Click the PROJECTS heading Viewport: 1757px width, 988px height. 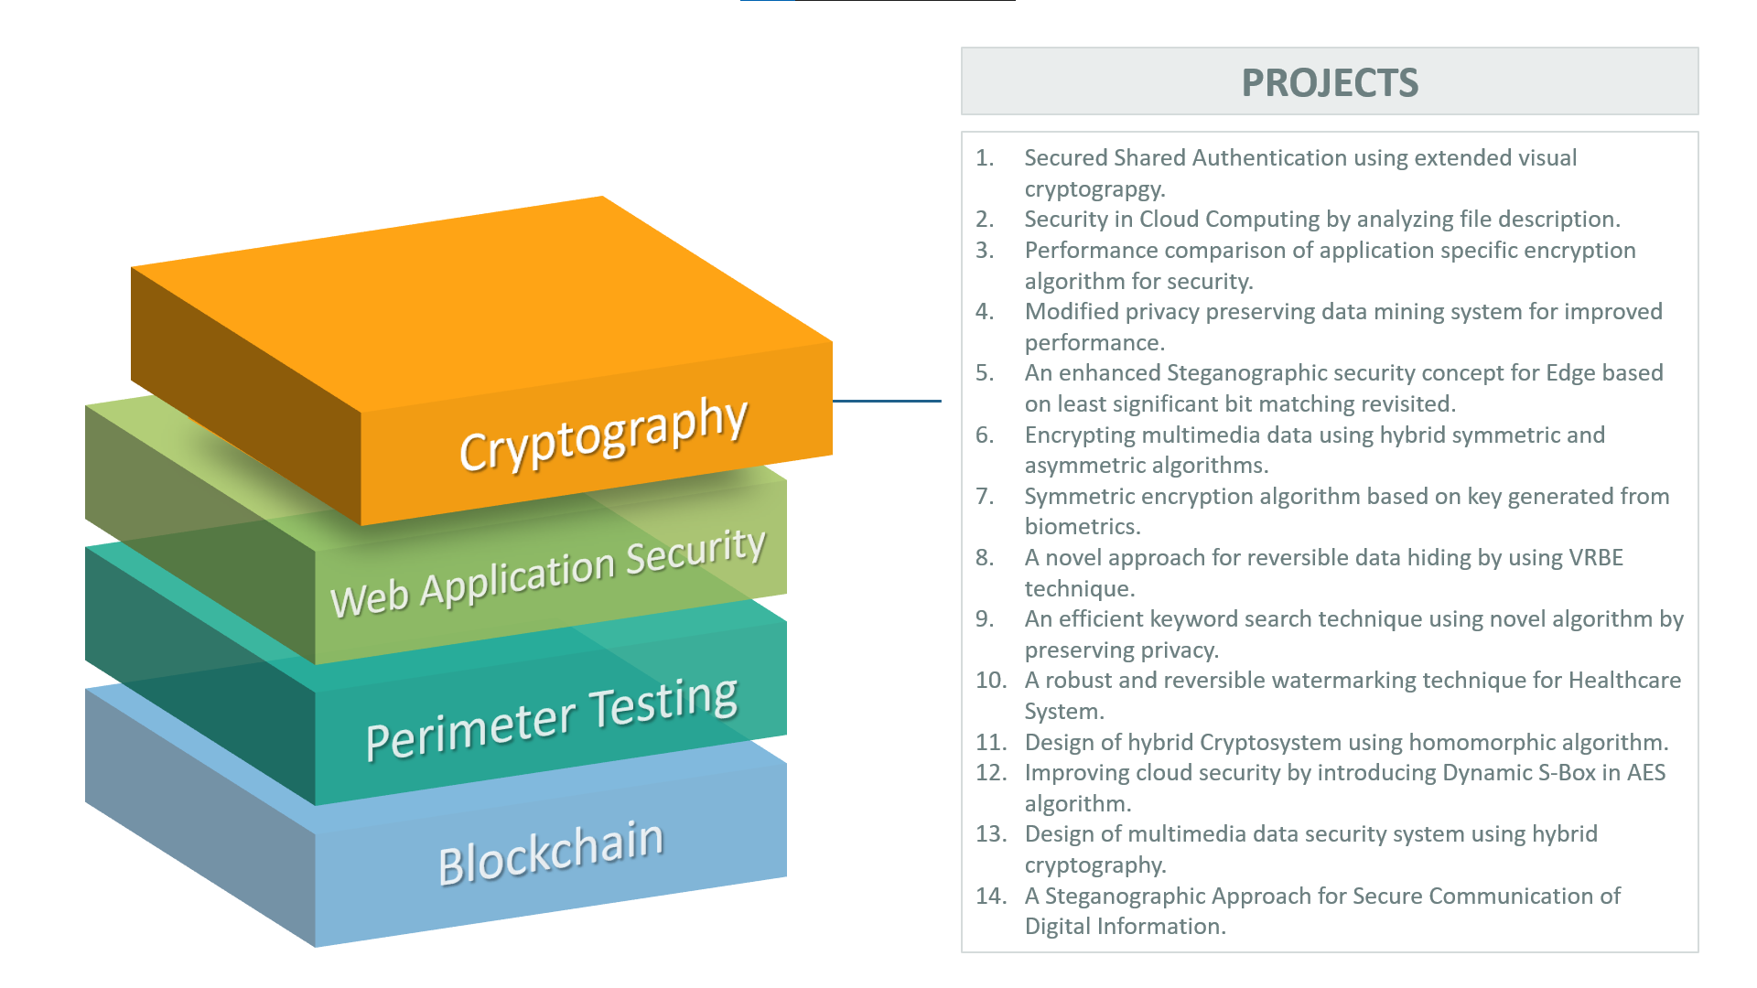coord(1329,82)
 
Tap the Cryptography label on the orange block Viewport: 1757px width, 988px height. coord(603,434)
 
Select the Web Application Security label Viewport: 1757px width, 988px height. coord(547,573)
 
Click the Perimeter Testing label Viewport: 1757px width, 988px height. coord(551,717)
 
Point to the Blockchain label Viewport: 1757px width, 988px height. coord(550,852)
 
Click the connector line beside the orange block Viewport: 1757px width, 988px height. coord(886,401)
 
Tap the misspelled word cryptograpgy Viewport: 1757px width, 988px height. coord(1094,189)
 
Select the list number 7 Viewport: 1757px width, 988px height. coord(985,496)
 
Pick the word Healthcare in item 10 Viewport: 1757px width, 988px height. coord(1624,681)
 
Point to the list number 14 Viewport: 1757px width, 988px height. coord(990,896)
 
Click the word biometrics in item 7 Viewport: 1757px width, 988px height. coord(1080,527)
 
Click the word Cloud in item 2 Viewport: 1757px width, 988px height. coord(1169,220)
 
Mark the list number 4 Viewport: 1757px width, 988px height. coord(985,312)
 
